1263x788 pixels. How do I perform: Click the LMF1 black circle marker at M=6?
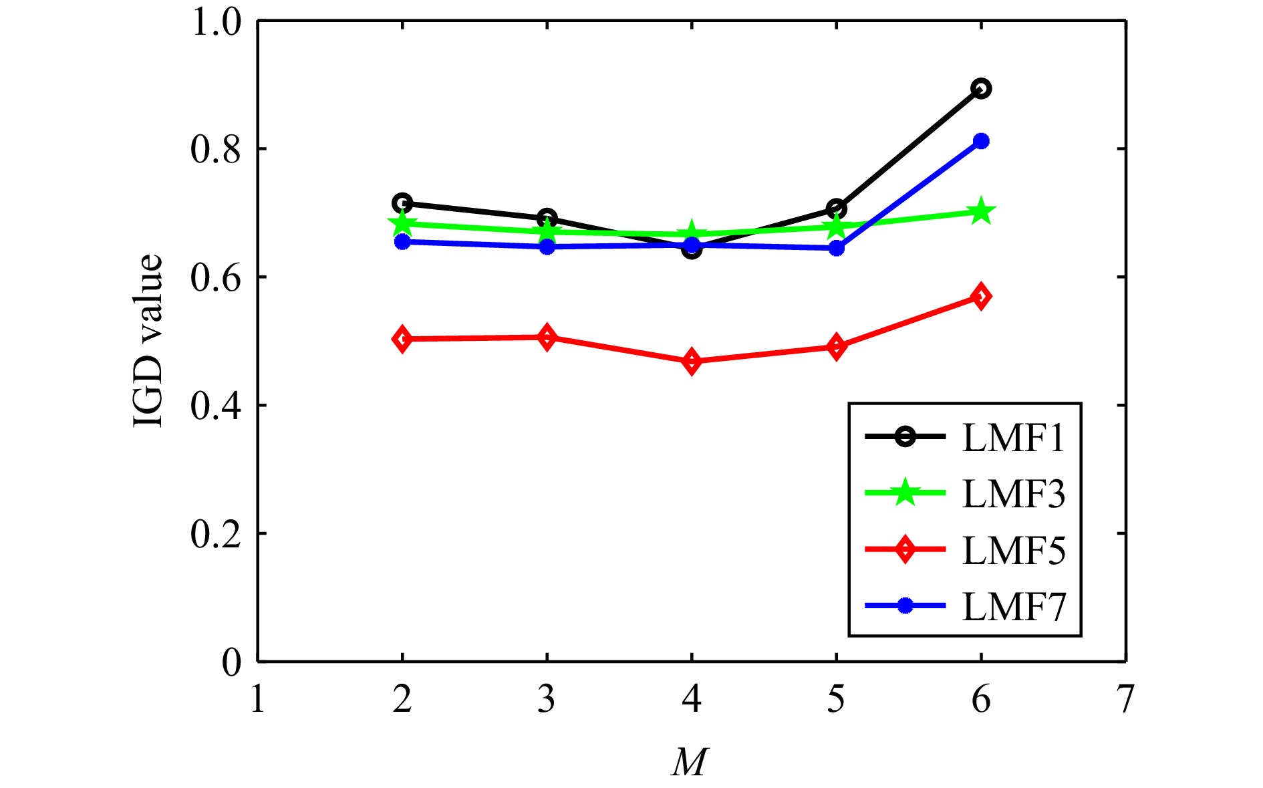click(x=981, y=88)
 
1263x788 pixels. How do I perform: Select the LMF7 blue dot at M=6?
click(x=981, y=141)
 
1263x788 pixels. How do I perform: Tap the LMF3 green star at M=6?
click(x=981, y=212)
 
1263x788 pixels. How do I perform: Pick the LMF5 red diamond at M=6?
click(x=981, y=296)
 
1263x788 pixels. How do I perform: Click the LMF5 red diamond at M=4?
click(x=692, y=362)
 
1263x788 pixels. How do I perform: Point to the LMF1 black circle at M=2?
click(x=402, y=203)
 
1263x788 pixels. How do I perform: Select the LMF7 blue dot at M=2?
click(x=402, y=241)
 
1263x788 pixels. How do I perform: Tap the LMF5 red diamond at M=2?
click(x=402, y=340)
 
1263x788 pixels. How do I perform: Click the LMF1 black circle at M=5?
click(x=836, y=209)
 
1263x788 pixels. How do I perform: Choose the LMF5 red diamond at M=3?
click(x=547, y=338)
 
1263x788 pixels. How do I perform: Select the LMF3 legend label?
click(x=1013, y=494)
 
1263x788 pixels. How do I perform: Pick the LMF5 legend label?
click(x=1013, y=550)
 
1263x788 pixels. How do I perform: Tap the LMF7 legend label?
click(x=1013, y=606)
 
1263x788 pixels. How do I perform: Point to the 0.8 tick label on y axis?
click(x=215, y=150)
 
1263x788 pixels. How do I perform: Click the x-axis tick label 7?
click(x=1126, y=700)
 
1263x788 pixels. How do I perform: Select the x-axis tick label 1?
click(x=258, y=700)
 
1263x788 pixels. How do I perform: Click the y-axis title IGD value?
click(x=148, y=341)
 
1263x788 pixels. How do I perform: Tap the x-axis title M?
click(x=690, y=762)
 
